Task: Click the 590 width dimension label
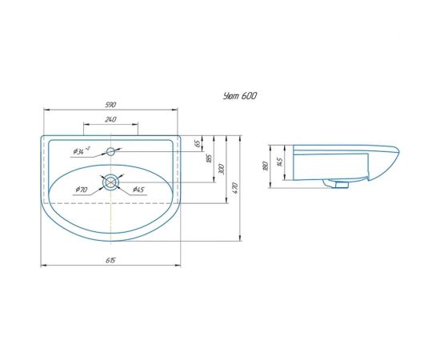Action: click(x=110, y=105)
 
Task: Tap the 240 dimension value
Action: click(x=110, y=119)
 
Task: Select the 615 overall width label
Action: click(x=110, y=260)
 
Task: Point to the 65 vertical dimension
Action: click(x=198, y=143)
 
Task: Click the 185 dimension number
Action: click(x=209, y=158)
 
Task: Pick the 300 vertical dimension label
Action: click(x=222, y=169)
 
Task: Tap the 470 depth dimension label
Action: click(x=235, y=188)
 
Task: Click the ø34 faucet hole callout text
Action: click(x=82, y=151)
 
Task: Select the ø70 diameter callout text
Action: click(x=82, y=190)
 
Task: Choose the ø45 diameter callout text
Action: click(x=138, y=190)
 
